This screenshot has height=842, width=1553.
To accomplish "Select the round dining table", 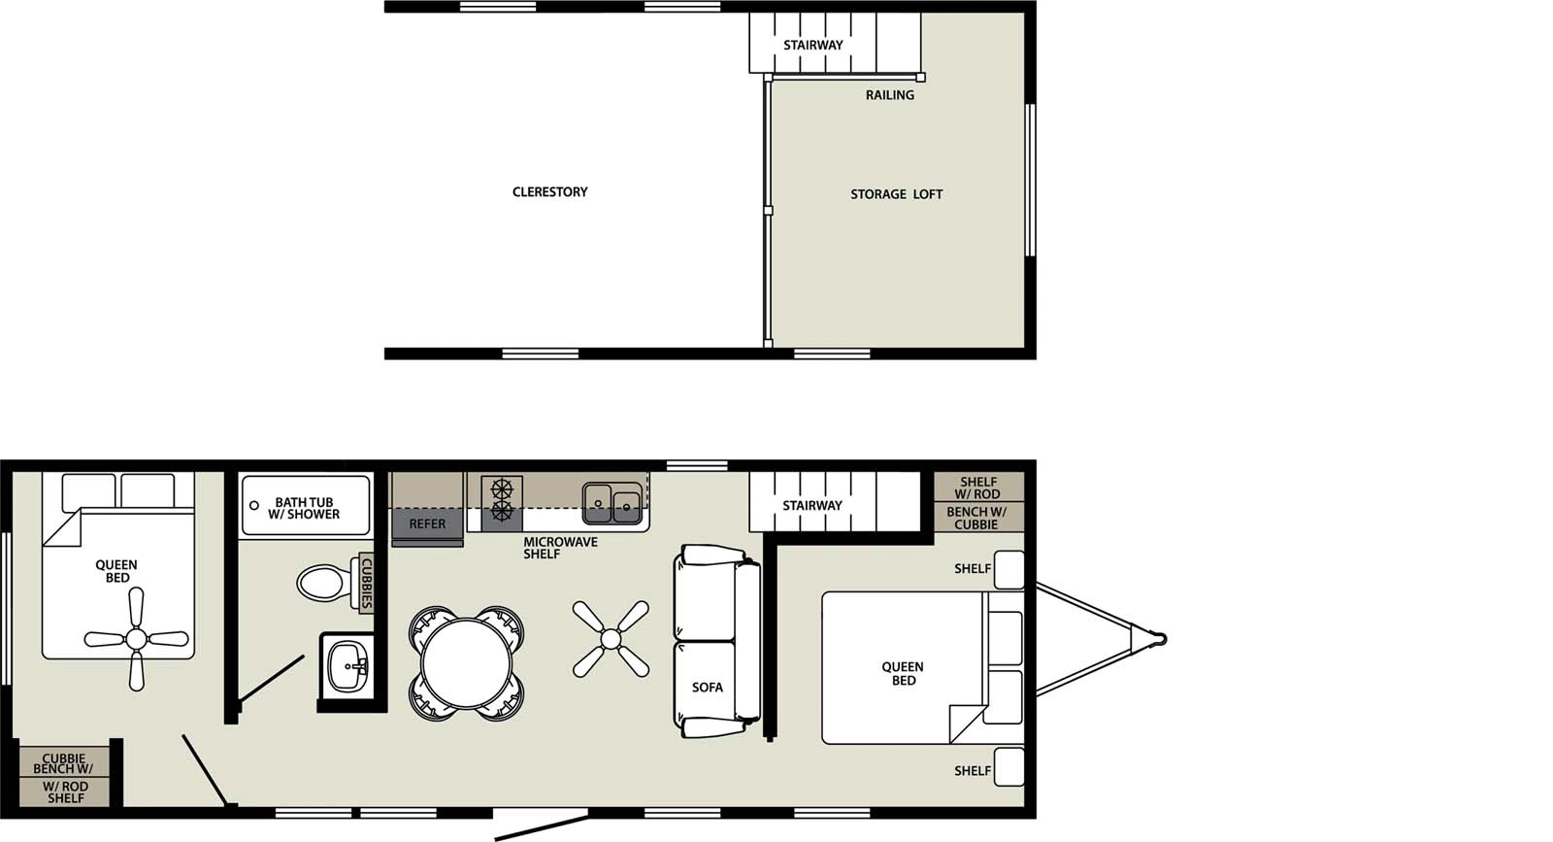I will click(x=467, y=664).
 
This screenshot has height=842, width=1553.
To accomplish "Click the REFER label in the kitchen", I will click(x=427, y=523).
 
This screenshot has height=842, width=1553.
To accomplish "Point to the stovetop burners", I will click(x=502, y=498).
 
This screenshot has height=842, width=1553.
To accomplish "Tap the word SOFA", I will click(x=708, y=687).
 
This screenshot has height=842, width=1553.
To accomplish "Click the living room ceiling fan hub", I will click(x=611, y=638).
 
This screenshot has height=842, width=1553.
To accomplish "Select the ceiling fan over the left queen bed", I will click(x=136, y=638).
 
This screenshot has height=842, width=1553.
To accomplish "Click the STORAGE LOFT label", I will click(x=896, y=194).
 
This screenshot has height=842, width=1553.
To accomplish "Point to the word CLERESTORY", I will click(x=549, y=192).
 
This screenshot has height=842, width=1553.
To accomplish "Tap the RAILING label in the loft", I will click(x=889, y=95).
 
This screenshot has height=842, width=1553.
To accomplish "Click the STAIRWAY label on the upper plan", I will click(x=813, y=45).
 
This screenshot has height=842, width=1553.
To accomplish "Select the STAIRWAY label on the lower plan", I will click(x=812, y=505).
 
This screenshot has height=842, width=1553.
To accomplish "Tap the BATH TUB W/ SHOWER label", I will click(x=304, y=508).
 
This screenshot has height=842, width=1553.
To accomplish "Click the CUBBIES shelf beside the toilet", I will click(x=366, y=583).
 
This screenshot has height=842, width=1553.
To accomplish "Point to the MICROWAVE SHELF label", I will click(x=560, y=548).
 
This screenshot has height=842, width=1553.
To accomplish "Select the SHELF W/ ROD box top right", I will click(x=979, y=488).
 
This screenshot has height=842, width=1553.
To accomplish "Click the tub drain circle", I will click(x=254, y=506).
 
